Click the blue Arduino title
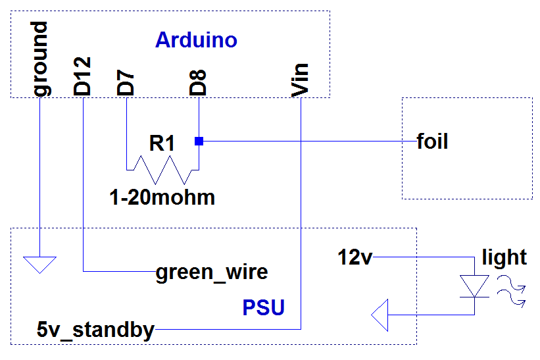[x=196, y=41]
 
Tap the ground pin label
[x=41, y=59]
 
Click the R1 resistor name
[x=162, y=143]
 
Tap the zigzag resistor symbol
[x=162, y=170]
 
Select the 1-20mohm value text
[x=162, y=197]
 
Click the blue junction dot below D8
[x=198, y=141]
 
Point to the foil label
[x=432, y=141]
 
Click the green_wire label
[x=211, y=271]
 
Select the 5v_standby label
[x=97, y=329]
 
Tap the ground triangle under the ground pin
[x=40, y=265]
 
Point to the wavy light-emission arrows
[x=512, y=291]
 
